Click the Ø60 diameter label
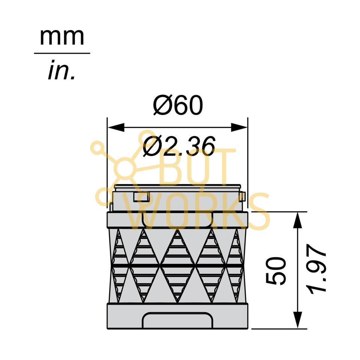click(x=178, y=105)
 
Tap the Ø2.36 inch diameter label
click(x=179, y=146)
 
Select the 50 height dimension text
click(x=276, y=271)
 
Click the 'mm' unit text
click(x=62, y=37)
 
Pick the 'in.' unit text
click(x=61, y=70)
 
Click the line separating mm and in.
click(x=62, y=53)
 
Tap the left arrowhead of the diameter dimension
click(x=116, y=127)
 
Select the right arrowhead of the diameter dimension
click(x=239, y=127)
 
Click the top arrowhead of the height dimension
click(x=297, y=220)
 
